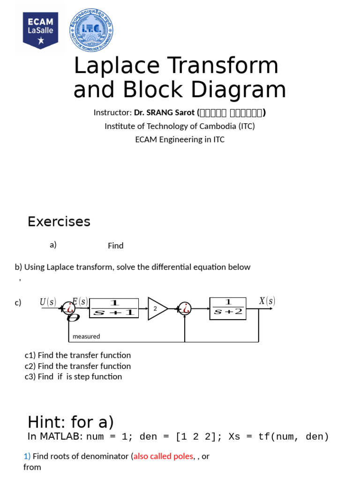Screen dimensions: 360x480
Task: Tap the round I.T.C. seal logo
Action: (x=91, y=30)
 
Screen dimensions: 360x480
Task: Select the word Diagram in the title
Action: (x=237, y=90)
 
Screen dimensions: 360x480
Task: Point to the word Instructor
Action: (x=112, y=112)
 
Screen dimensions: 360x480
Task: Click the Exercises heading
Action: (x=59, y=221)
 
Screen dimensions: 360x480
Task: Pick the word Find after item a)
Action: (x=116, y=246)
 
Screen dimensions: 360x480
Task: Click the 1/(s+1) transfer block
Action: (x=114, y=308)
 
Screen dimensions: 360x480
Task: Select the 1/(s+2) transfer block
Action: (x=227, y=308)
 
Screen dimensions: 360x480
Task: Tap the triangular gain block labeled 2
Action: (x=157, y=308)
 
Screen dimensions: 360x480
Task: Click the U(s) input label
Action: (x=48, y=302)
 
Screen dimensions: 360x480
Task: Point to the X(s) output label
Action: (x=267, y=301)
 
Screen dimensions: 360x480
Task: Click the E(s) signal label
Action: (x=80, y=301)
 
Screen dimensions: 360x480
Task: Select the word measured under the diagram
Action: (x=86, y=336)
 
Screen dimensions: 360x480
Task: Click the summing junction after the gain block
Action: (x=186, y=308)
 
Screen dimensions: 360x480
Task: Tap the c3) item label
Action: (x=31, y=376)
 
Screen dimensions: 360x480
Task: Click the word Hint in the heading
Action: (x=46, y=422)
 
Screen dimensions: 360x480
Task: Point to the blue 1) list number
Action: (x=27, y=456)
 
